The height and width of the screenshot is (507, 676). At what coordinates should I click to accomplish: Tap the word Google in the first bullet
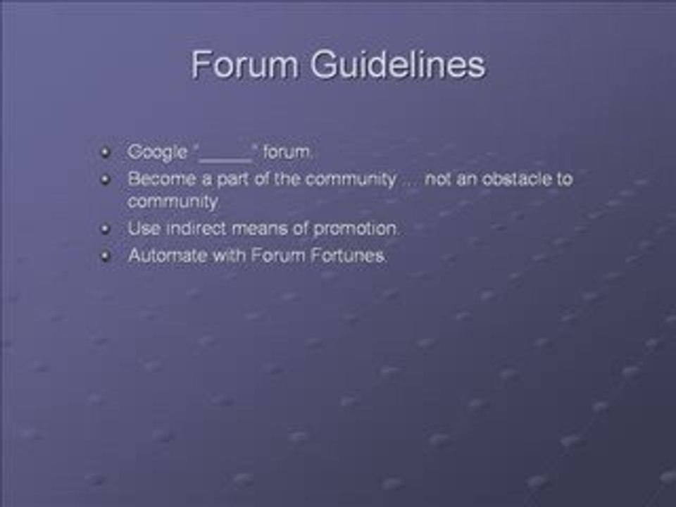[157, 151]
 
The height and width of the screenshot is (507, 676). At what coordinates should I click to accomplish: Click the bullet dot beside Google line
[106, 152]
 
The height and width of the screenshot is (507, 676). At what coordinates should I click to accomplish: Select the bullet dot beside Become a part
[106, 179]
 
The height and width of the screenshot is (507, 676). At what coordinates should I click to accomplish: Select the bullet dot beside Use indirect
[106, 229]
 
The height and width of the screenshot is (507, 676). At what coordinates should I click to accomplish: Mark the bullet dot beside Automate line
[106, 256]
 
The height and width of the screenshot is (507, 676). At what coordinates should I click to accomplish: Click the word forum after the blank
[288, 151]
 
